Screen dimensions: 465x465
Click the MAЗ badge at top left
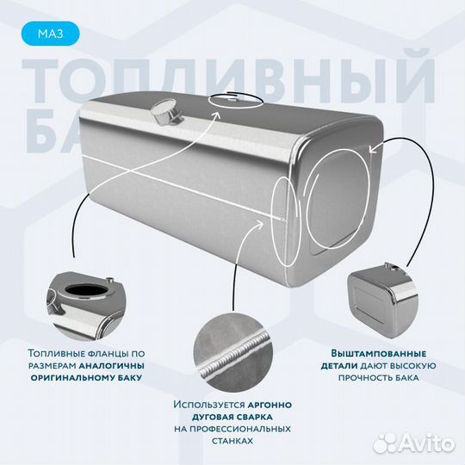point(53,34)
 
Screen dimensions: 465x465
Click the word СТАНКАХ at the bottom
point(233,440)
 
